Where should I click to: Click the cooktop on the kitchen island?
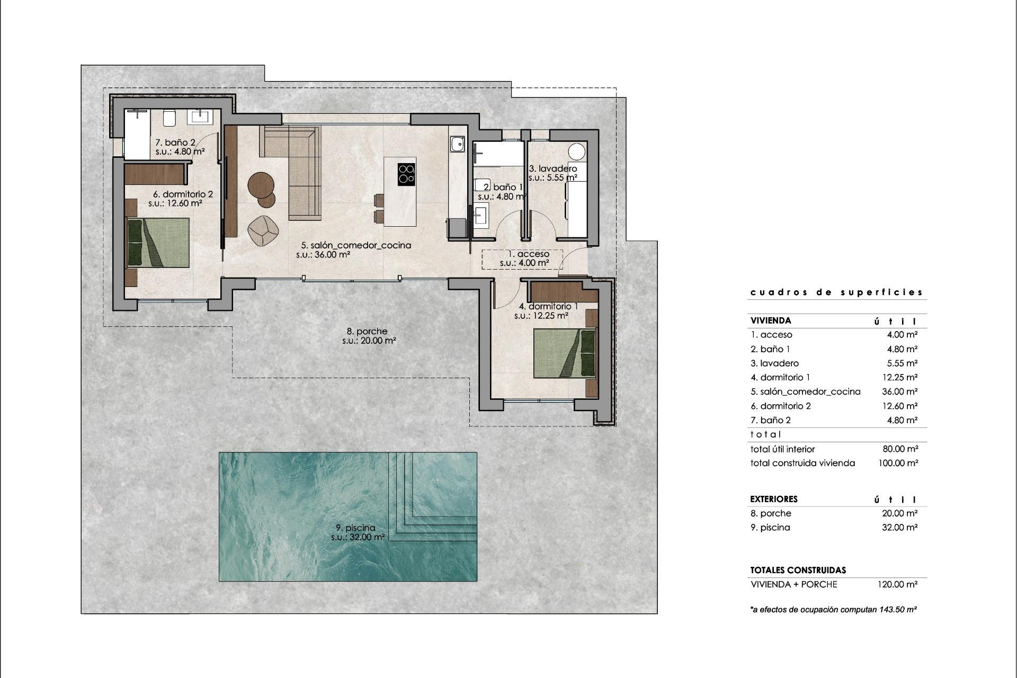(x=406, y=174)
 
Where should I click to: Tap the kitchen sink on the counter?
(x=457, y=144)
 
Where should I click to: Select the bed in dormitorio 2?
(x=158, y=243)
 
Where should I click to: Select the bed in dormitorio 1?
(x=565, y=353)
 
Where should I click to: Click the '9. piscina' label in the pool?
(x=355, y=528)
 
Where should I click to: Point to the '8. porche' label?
(x=368, y=332)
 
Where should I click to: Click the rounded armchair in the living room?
(x=263, y=230)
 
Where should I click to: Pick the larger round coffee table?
(x=261, y=185)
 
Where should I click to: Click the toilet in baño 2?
(x=169, y=118)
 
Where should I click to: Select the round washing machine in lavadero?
(x=577, y=151)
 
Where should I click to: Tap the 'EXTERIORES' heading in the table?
(x=773, y=499)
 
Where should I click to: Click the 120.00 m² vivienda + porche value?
(x=897, y=584)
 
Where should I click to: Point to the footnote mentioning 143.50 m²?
(x=833, y=610)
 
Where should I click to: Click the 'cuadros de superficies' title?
(x=836, y=292)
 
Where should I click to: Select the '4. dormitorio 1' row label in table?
(x=780, y=377)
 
